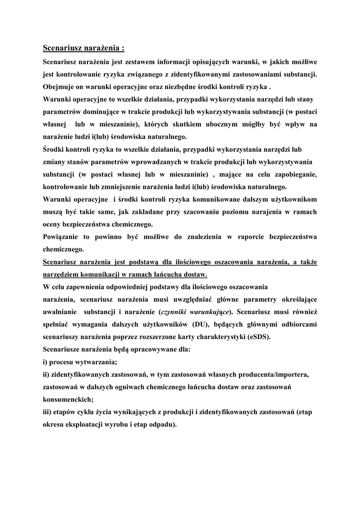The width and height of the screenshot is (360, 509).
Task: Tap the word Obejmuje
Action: pos(59,86)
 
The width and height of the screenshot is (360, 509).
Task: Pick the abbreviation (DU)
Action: pos(214,324)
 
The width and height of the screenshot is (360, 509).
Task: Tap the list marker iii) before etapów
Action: pos(48,412)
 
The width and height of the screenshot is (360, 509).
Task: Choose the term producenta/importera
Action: pos(278,374)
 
